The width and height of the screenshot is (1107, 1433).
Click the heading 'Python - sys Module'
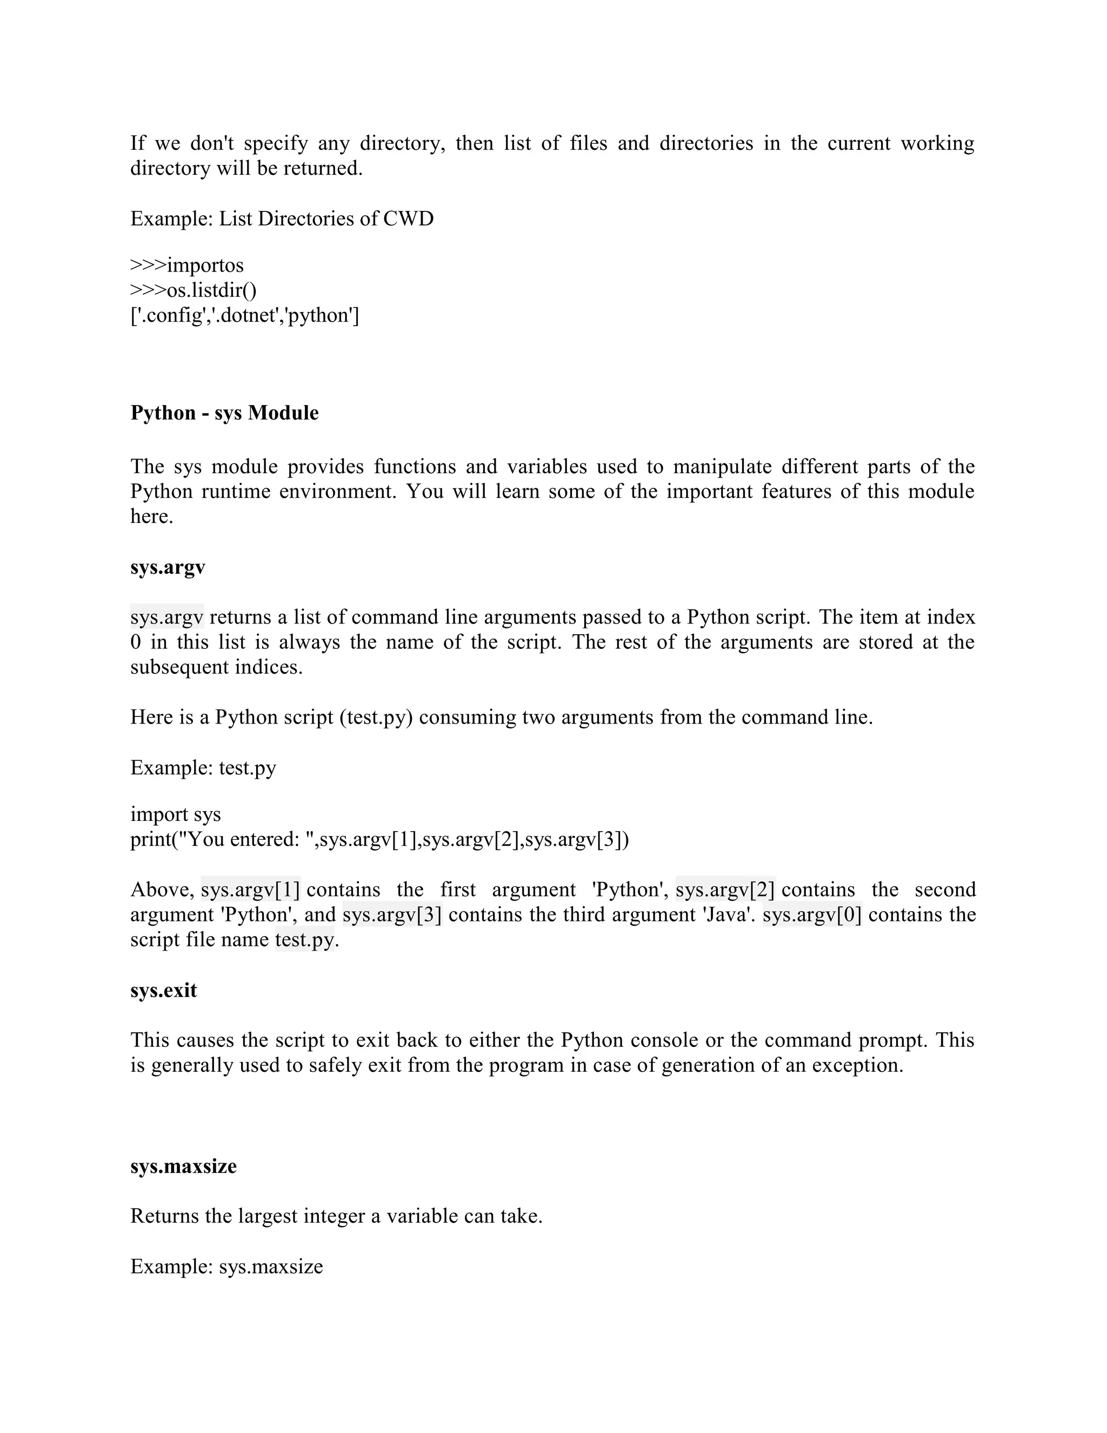(x=224, y=413)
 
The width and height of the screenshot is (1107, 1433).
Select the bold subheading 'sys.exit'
(x=163, y=990)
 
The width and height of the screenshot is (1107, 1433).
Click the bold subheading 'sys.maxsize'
(x=183, y=1166)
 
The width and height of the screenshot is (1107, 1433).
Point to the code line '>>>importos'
(x=187, y=266)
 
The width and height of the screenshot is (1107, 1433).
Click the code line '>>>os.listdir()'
(x=194, y=290)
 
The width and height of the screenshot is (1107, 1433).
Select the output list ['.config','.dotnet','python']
(x=245, y=316)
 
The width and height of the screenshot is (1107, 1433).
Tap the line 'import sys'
(x=175, y=814)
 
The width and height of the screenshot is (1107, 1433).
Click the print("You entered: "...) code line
(x=379, y=839)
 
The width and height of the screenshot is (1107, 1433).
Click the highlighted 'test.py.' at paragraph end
(x=305, y=940)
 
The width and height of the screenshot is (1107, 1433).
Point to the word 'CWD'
(x=408, y=218)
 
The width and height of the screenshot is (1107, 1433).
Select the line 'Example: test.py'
(x=203, y=768)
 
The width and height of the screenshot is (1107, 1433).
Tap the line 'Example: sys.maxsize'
(x=226, y=1266)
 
